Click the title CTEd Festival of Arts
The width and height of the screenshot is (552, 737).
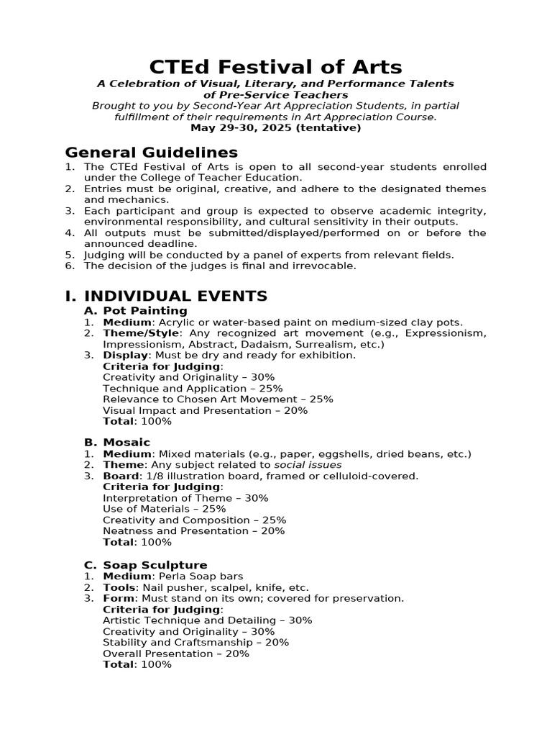point(275,67)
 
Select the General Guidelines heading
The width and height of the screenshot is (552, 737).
point(151,153)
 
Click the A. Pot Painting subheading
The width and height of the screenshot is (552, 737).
point(136,311)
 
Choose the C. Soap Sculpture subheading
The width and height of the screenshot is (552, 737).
point(145,565)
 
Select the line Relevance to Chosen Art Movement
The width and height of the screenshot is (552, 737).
point(218,399)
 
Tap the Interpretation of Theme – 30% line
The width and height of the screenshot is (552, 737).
point(185,498)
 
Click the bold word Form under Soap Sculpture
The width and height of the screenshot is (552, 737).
point(119,599)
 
